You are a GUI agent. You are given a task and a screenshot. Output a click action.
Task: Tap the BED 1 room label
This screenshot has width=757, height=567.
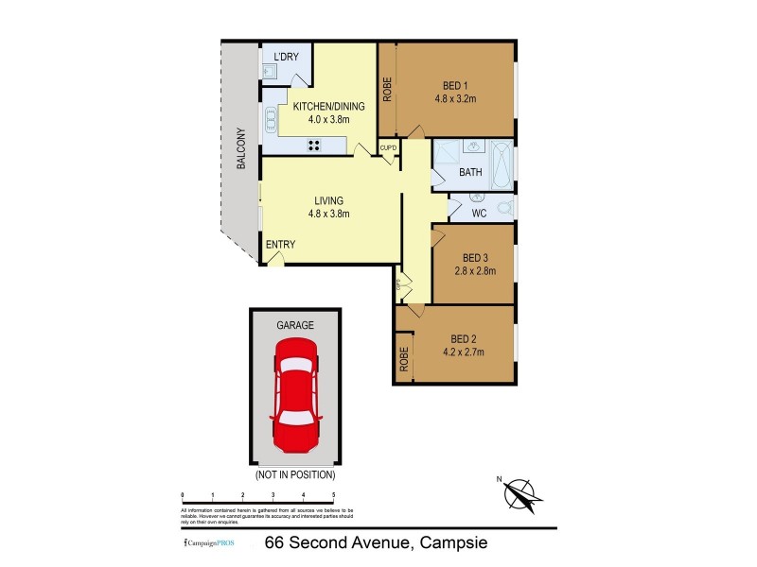[x=454, y=84]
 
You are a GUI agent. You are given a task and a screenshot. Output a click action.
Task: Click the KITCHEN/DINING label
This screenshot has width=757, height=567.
[x=328, y=107]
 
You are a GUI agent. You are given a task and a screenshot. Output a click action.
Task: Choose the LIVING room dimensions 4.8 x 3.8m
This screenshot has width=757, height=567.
[x=328, y=214]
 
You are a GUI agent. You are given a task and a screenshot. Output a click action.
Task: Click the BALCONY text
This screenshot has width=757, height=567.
[x=241, y=148]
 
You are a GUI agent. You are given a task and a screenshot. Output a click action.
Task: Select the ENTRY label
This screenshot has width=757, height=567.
[x=280, y=245]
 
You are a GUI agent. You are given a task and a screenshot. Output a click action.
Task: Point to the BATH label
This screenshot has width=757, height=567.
[x=470, y=173]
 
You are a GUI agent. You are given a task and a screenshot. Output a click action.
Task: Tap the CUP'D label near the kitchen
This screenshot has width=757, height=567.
[x=388, y=148]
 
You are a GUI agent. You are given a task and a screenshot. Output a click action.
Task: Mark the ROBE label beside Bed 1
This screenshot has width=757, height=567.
[x=387, y=88]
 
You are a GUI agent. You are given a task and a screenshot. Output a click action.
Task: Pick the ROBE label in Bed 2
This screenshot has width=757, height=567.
[x=403, y=359]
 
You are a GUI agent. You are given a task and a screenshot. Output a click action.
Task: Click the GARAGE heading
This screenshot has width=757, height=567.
[x=294, y=324]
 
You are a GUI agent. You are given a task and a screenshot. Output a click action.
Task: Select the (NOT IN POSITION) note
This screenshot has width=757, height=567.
[x=294, y=474]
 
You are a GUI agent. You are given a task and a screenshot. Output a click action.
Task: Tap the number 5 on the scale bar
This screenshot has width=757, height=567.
[x=333, y=495]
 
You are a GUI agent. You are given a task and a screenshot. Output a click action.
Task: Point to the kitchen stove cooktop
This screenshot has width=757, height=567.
[x=313, y=145]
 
